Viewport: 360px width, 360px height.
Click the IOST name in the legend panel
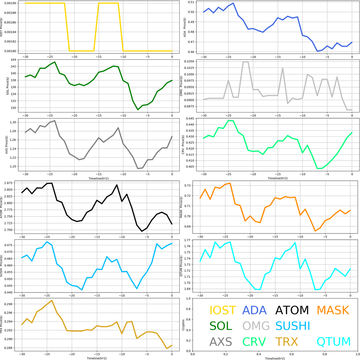pyautogui.click(x=223, y=310)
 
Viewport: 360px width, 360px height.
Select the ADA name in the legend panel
pyautogui.click(x=254, y=310)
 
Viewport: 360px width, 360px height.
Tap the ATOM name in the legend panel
pyautogui.click(x=292, y=310)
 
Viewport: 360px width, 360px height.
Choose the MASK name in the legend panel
pyautogui.click(x=333, y=310)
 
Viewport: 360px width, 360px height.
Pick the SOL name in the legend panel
pyautogui.click(x=221, y=326)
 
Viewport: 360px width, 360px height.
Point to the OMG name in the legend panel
pyautogui.click(x=256, y=326)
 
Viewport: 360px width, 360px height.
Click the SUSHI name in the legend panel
pyautogui.click(x=292, y=326)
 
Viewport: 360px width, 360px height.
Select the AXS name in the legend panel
pyautogui.click(x=221, y=341)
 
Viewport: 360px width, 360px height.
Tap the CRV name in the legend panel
pyautogui.click(x=256, y=341)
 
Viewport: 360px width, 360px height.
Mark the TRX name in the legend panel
pyautogui.click(x=287, y=341)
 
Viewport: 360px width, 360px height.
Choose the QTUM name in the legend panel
pyautogui.click(x=334, y=341)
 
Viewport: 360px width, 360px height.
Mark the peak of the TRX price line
pyautogui.click(x=52, y=301)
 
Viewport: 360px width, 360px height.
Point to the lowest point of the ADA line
pyautogui.click(x=317, y=51)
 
